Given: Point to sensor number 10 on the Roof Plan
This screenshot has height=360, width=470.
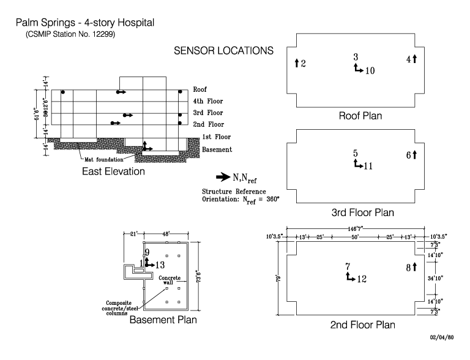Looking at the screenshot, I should coord(369,70).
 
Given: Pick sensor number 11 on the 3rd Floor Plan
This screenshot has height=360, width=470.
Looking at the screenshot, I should coord(368,165).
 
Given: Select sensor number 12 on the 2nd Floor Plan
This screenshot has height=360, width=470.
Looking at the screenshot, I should coord(362,279).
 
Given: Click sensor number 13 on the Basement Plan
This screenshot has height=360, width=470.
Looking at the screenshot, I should coord(159,265).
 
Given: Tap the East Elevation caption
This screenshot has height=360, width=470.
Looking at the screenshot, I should coord(113,172).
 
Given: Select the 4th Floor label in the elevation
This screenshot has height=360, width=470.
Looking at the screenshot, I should coord(207,101).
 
